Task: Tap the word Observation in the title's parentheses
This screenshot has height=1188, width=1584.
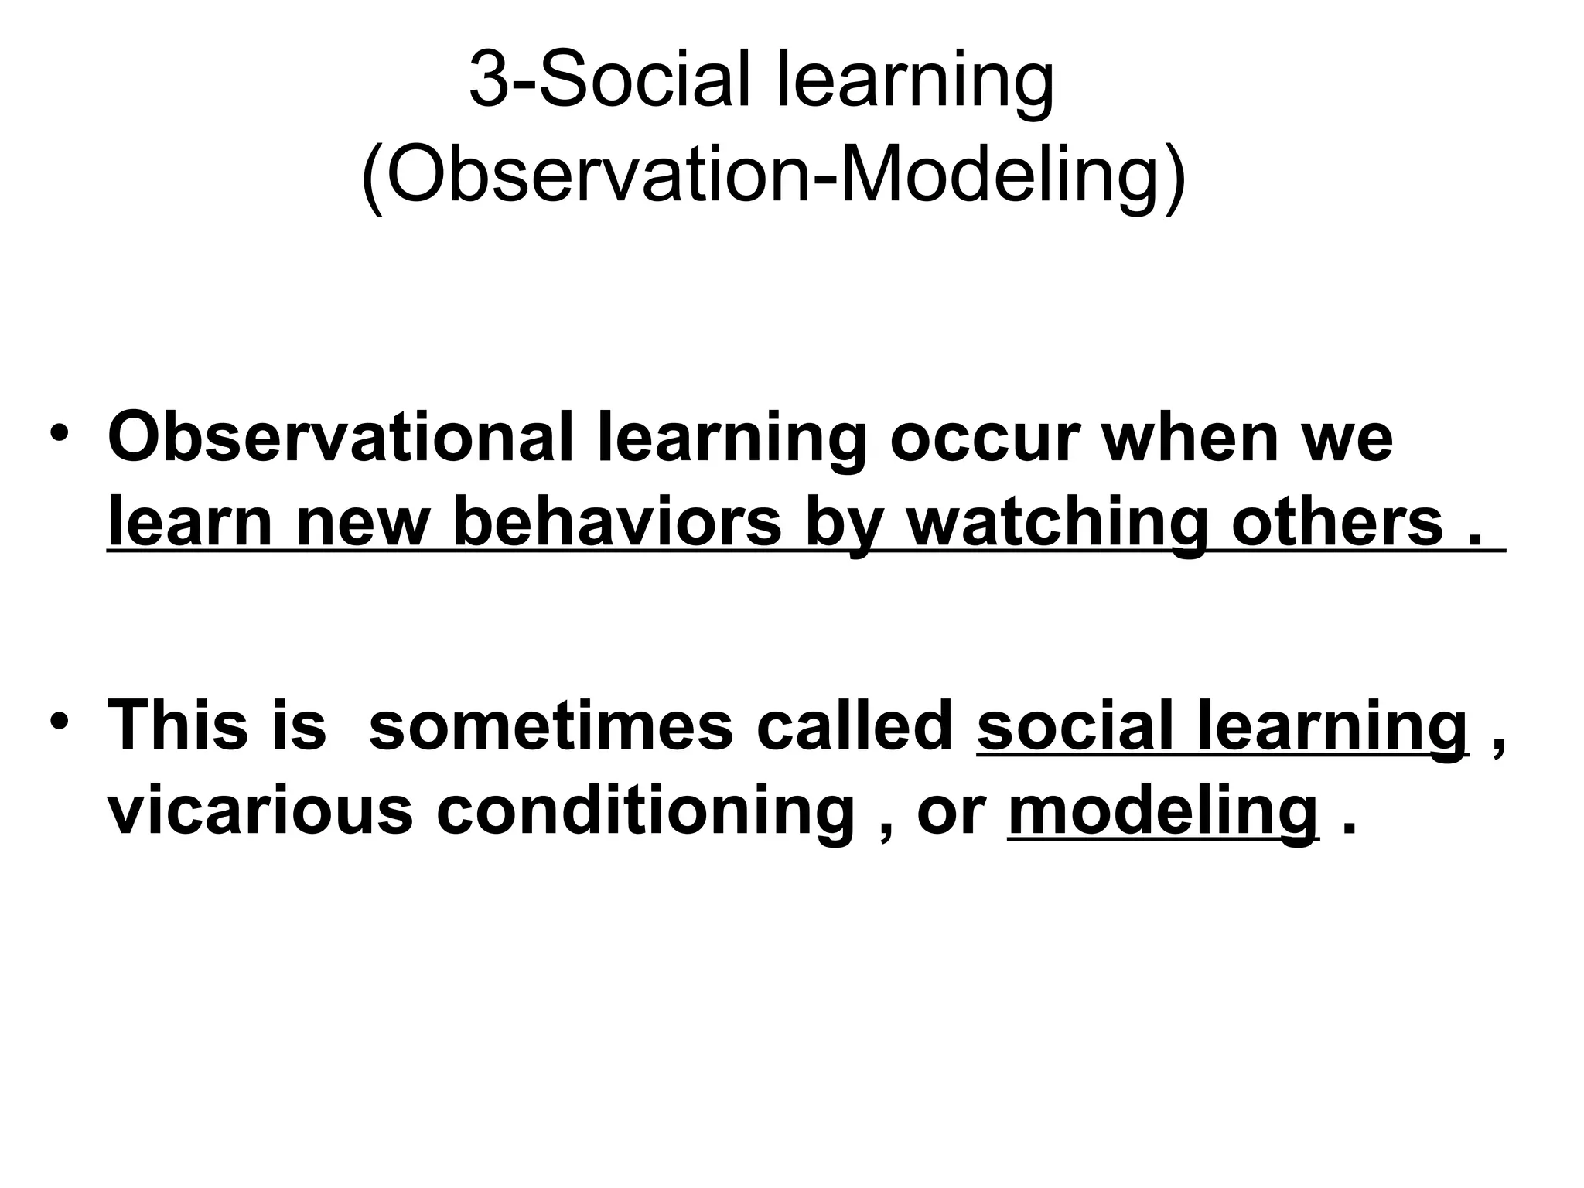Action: click(596, 176)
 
